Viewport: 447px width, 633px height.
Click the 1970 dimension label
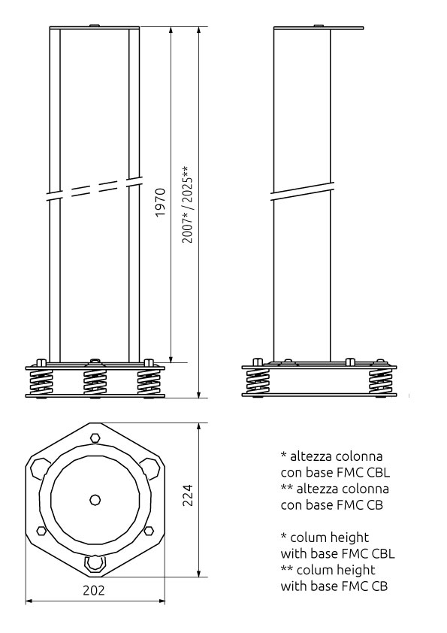coord(161,201)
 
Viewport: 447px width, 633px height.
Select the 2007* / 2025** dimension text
coord(187,204)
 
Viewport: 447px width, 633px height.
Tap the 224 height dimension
coord(188,495)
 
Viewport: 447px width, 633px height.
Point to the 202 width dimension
coord(94,590)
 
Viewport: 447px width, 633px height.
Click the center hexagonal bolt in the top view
coord(95,500)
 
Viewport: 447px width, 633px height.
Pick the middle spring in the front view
coord(95,382)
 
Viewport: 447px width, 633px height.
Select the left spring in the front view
coord(41,382)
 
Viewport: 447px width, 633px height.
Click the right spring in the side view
coord(380,381)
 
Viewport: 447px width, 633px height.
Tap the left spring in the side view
coord(258,381)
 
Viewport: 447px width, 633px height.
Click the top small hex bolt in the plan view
coord(95,438)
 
